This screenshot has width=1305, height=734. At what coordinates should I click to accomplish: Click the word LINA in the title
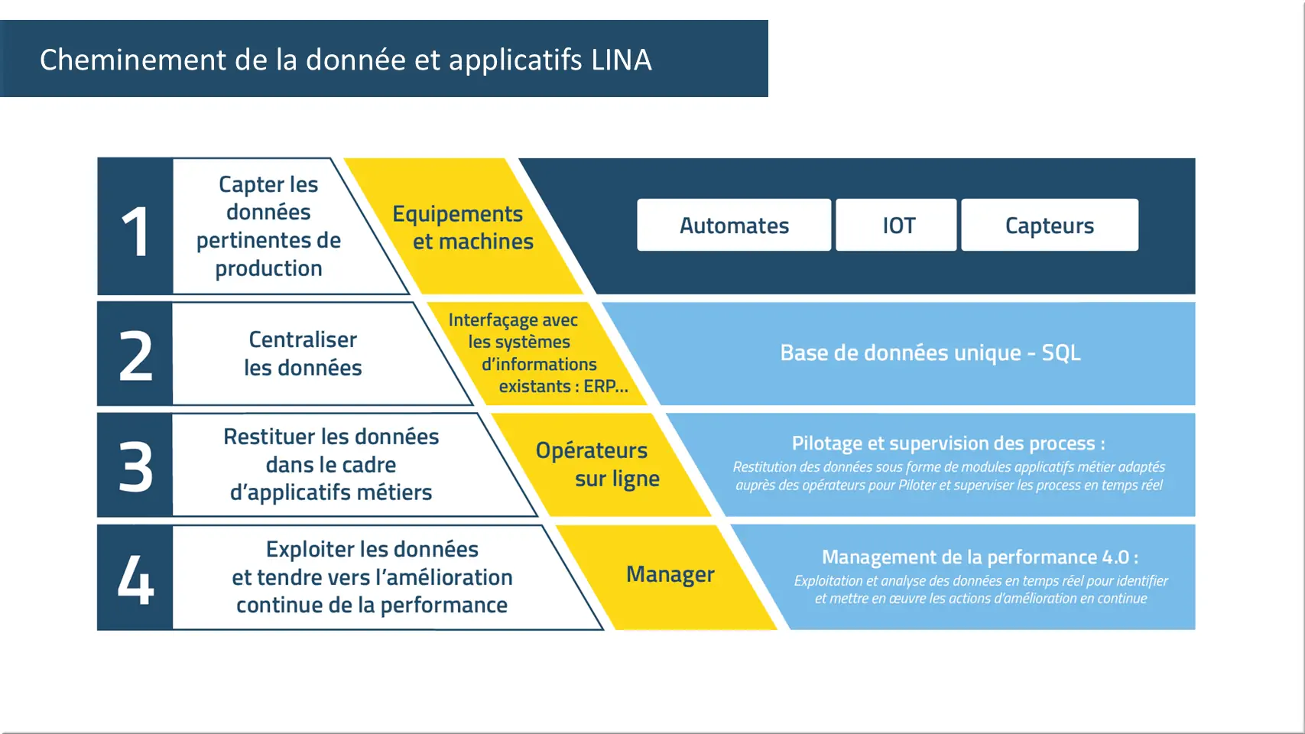[621, 60]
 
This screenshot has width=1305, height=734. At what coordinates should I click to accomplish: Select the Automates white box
[734, 225]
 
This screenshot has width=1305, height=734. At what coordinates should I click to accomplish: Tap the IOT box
[896, 225]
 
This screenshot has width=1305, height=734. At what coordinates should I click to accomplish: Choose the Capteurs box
[1050, 225]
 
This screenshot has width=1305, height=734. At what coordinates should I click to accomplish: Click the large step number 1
[135, 232]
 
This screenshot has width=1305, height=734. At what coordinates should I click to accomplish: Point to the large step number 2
[136, 356]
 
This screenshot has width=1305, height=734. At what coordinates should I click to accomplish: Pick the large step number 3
[136, 466]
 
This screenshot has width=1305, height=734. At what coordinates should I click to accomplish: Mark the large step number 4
[136, 579]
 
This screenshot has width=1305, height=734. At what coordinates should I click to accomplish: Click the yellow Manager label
[670, 574]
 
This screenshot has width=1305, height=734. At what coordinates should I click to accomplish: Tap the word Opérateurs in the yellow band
[591, 450]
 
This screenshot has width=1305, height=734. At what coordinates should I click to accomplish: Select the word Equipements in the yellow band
[457, 214]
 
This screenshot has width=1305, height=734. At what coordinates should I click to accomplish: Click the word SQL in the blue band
[1061, 352]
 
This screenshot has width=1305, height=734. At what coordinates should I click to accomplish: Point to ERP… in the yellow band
[606, 386]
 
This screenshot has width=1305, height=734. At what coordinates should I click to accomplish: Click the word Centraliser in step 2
[303, 339]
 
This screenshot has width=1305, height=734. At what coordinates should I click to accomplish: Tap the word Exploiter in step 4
[310, 549]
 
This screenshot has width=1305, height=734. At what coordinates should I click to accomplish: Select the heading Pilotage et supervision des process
[949, 443]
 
